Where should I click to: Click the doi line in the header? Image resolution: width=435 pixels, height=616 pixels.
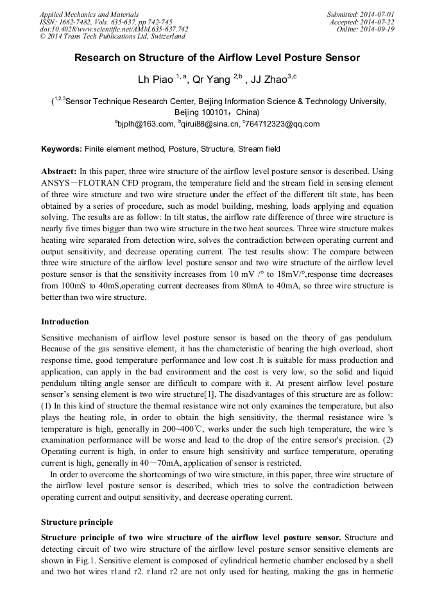click(114, 29)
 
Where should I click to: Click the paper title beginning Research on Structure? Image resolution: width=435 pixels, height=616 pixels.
click(217, 58)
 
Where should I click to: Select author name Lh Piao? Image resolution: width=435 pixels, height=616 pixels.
click(157, 80)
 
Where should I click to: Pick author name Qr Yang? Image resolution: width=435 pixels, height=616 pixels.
click(212, 80)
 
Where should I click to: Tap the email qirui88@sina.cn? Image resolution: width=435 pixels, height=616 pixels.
click(211, 124)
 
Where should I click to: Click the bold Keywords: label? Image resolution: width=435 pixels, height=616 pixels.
click(62, 149)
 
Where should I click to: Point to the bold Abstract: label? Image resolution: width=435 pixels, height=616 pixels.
click(58, 172)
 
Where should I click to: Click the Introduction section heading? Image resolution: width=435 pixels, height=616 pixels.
click(65, 321)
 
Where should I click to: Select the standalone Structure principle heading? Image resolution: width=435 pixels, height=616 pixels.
click(76, 522)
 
